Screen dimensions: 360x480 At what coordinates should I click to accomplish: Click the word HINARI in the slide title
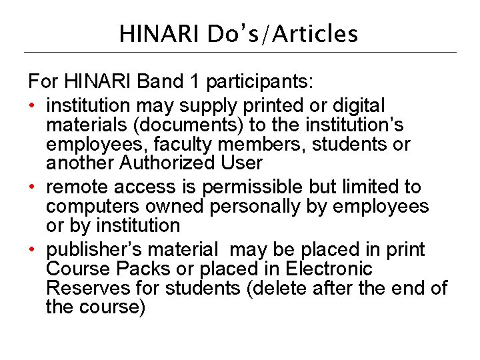[x=160, y=33]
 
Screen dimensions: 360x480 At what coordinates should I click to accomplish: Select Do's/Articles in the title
[x=283, y=33]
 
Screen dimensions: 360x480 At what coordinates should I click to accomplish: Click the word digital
[x=352, y=105]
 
